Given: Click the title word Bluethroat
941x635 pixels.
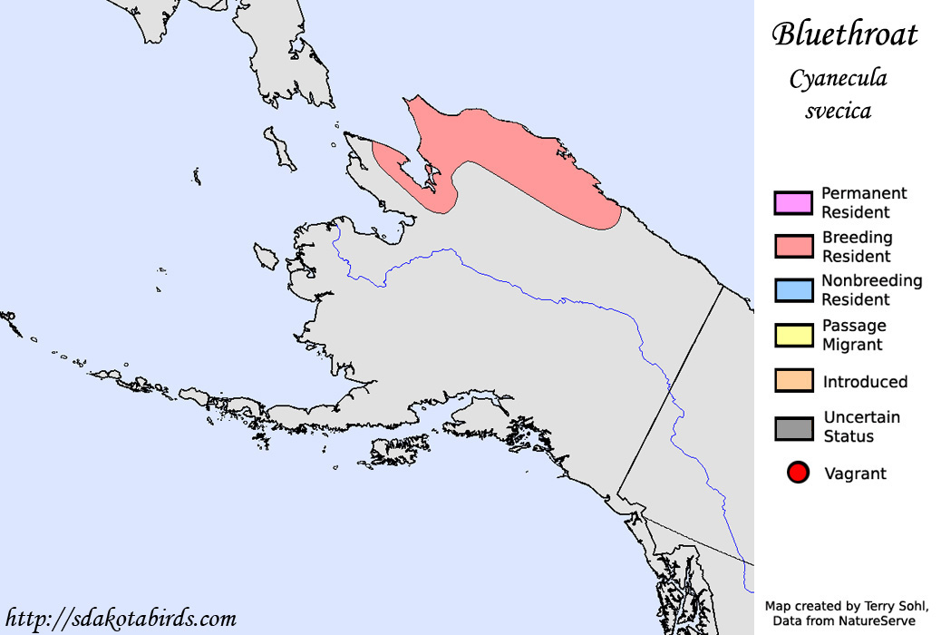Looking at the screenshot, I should tap(844, 34).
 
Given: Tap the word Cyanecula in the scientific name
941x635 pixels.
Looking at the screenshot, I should tap(838, 79).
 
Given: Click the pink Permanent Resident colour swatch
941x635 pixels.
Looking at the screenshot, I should tap(792, 202).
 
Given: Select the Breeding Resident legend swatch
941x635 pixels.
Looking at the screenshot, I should tap(792, 246).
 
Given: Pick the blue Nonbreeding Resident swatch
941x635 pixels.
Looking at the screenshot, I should tap(792, 290).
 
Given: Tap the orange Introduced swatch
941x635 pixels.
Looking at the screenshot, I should tap(792, 381).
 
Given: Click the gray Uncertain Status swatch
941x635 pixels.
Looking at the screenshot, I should tap(792, 426).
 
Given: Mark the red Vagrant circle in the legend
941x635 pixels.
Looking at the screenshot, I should tap(798, 473).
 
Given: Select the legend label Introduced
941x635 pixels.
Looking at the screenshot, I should tap(865, 382).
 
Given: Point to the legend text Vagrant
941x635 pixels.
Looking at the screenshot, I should tap(855, 474).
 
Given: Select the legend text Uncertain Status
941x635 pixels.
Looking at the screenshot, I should tap(861, 426).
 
